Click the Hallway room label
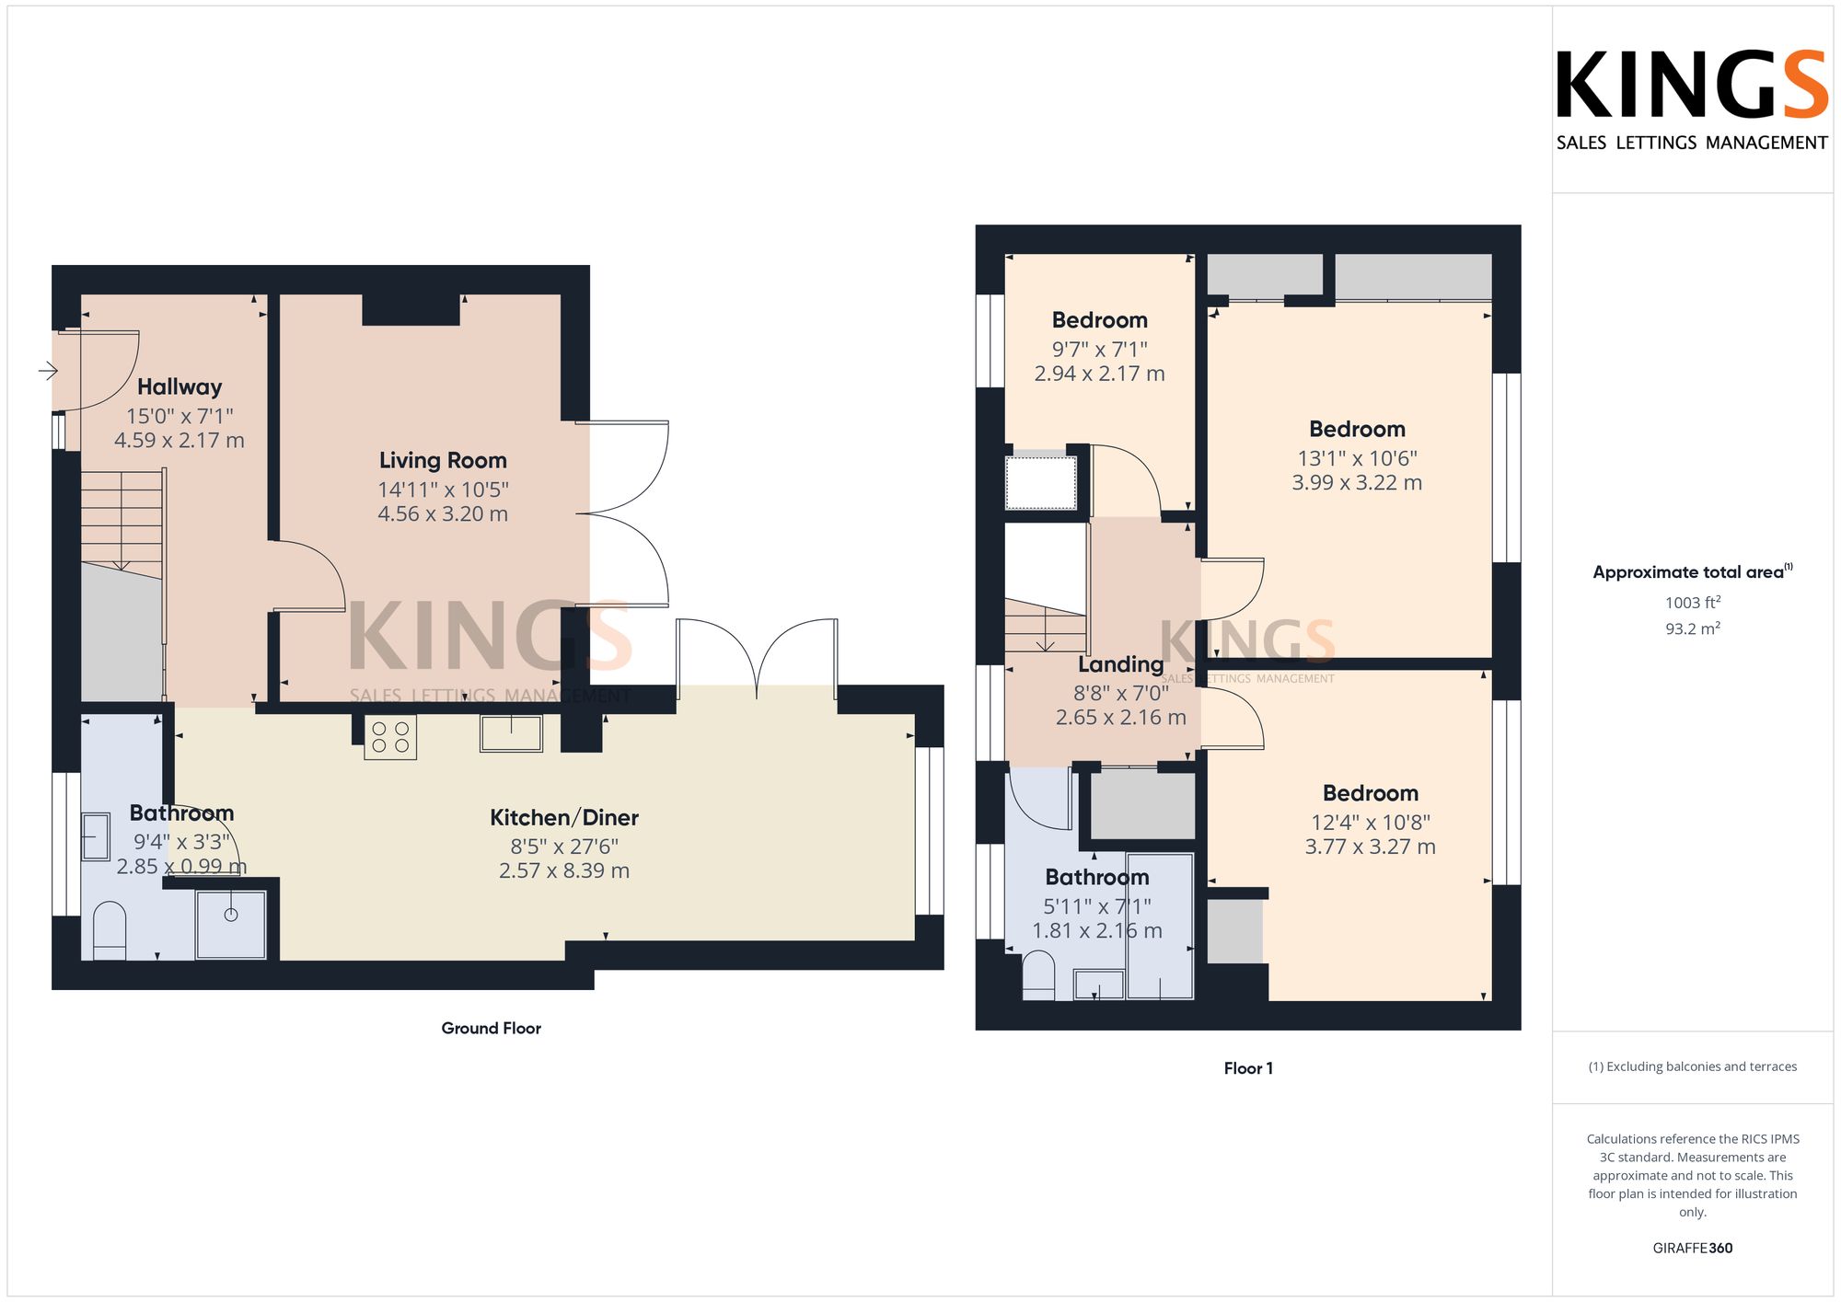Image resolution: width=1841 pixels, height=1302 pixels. (179, 387)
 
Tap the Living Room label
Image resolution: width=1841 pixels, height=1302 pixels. (443, 460)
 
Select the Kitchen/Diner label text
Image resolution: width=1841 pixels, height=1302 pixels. (564, 817)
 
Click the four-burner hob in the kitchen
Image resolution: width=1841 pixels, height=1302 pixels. (390, 737)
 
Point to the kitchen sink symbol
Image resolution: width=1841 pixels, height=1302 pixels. (511, 733)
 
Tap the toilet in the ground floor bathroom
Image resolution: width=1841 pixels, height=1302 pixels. (110, 930)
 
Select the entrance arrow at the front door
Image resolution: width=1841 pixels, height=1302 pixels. (48, 371)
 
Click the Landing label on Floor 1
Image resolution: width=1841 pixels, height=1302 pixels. (1121, 664)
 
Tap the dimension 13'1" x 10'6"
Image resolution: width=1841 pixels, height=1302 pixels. (1357, 458)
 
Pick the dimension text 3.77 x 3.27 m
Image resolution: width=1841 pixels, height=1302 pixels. (1370, 847)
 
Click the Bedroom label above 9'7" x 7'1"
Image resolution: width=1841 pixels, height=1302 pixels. (1100, 320)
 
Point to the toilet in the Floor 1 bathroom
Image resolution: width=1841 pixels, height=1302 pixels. (1038, 975)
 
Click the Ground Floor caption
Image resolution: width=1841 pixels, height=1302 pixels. (492, 1028)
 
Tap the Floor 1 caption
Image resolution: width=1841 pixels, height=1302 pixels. (1248, 1068)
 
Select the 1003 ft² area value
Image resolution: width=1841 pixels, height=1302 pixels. (1693, 603)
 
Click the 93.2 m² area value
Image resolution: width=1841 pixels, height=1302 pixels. (1693, 628)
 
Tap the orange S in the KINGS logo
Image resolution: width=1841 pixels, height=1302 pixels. (1805, 85)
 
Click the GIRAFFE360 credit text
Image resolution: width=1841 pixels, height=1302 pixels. (1693, 1249)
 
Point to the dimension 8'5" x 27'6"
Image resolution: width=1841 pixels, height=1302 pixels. (564, 847)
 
